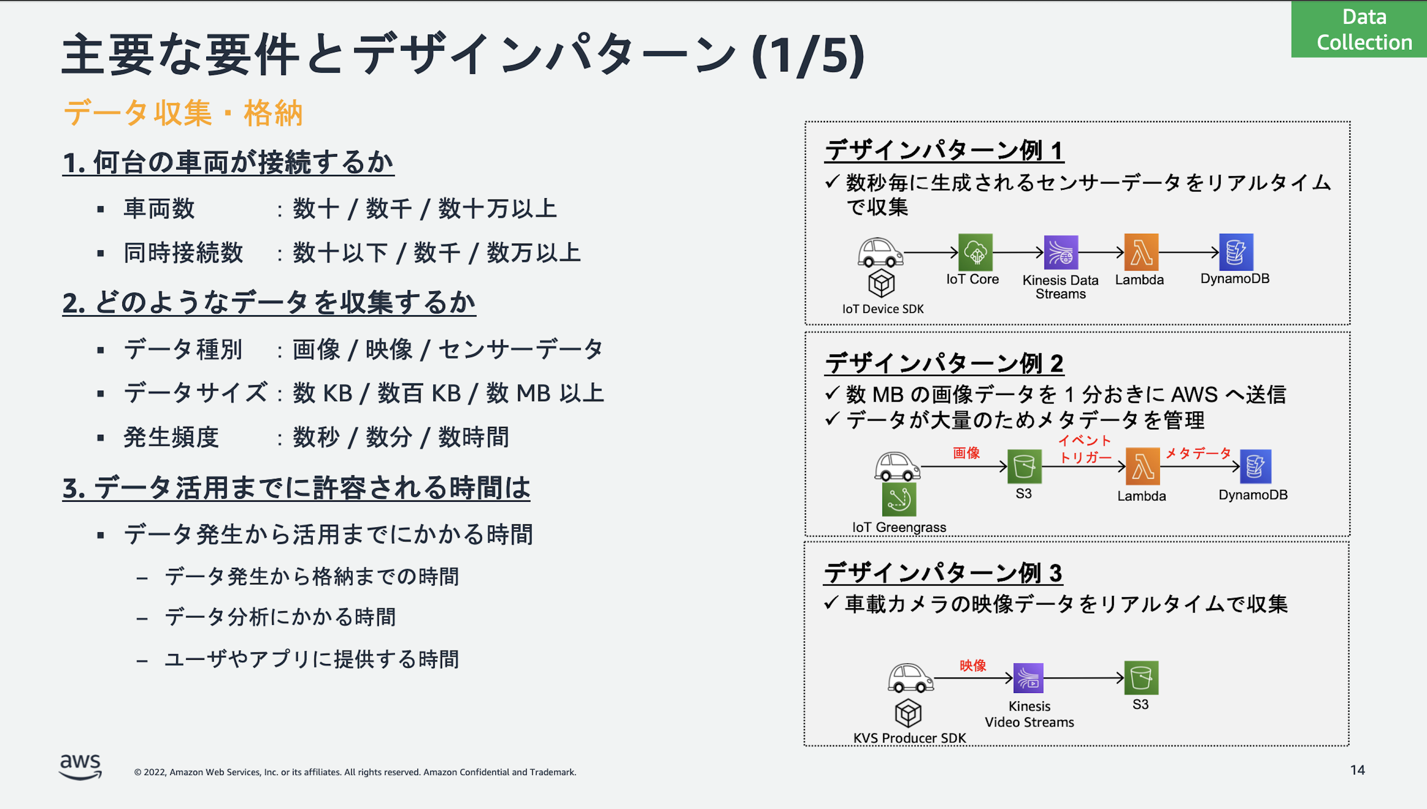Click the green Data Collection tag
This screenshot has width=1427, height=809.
click(1359, 29)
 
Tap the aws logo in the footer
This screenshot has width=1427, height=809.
click(80, 767)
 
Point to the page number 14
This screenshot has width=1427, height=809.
click(1358, 770)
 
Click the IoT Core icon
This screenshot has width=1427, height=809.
click(975, 252)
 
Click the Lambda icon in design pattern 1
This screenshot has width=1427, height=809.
click(1141, 252)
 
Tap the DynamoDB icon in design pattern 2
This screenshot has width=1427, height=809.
click(1255, 466)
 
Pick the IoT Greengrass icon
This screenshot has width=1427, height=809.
click(899, 499)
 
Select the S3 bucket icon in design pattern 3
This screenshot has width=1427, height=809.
click(1141, 677)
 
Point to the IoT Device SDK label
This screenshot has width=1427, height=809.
click(883, 309)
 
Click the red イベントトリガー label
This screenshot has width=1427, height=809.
click(1085, 449)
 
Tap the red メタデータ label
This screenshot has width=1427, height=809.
click(1199, 453)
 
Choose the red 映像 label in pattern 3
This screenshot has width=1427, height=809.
click(973, 665)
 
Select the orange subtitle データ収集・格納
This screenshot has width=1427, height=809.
click(183, 113)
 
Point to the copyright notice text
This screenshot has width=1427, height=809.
click(355, 772)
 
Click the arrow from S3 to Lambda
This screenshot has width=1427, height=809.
click(1083, 466)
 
